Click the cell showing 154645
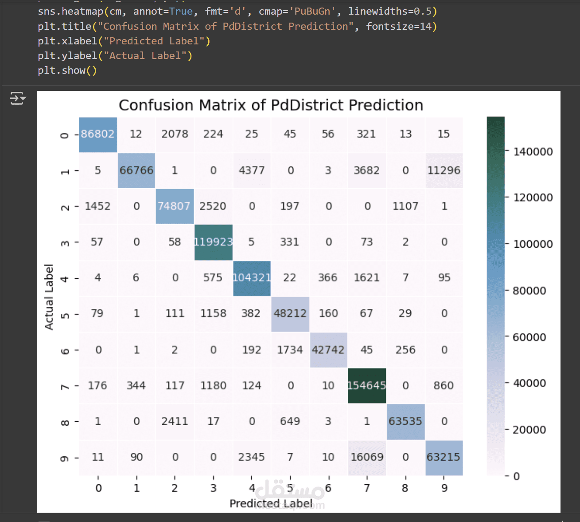click(x=367, y=386)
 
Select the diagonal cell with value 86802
click(x=98, y=134)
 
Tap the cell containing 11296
click(x=444, y=170)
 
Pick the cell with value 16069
click(x=367, y=457)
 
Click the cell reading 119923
click(x=213, y=242)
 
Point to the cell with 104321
click(x=252, y=278)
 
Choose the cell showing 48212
click(x=290, y=313)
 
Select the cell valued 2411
click(x=175, y=421)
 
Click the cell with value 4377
click(x=252, y=170)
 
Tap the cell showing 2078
click(x=175, y=134)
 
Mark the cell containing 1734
click(x=290, y=350)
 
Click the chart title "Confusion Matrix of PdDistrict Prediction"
click(x=271, y=105)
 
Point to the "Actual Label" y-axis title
click(x=49, y=297)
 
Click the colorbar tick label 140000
click(x=533, y=152)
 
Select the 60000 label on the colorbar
click(x=529, y=337)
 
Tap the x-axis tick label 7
click(x=367, y=488)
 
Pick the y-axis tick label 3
click(x=65, y=243)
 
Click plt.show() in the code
click(x=67, y=71)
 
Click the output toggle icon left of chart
click(x=18, y=98)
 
